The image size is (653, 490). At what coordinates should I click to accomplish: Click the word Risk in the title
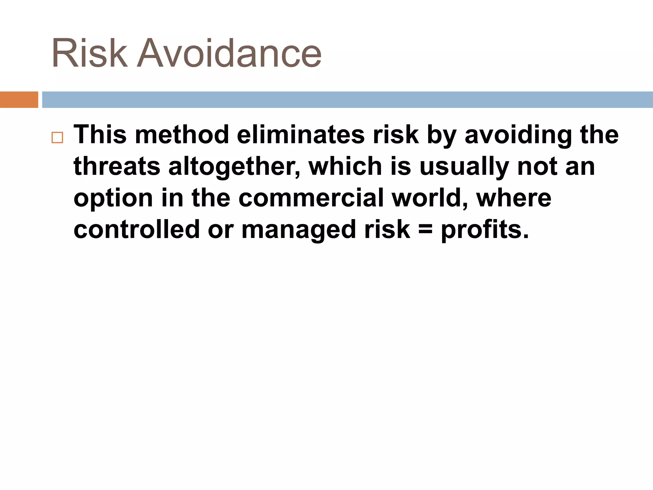[x=89, y=53]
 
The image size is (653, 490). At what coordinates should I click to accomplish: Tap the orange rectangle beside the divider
[x=19, y=100]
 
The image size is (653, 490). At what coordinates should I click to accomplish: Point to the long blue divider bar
[x=347, y=100]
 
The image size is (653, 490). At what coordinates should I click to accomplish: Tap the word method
[x=182, y=134]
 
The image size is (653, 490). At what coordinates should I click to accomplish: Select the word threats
[x=117, y=166]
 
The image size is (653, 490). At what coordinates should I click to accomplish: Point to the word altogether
[x=234, y=167]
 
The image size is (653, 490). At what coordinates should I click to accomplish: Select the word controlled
[x=136, y=229]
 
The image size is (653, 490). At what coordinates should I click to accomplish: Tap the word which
[x=345, y=166]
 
